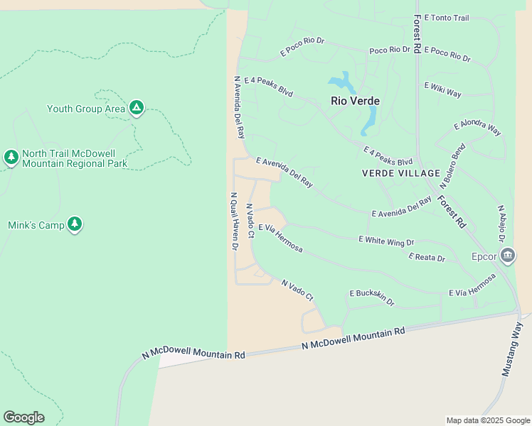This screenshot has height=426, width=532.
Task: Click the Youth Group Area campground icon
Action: click(x=136, y=108)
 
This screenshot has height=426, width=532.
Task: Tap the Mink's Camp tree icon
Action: click(x=75, y=224)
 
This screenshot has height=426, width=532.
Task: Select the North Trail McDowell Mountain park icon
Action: click(x=11, y=158)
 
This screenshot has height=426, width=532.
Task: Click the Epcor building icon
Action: click(x=507, y=256)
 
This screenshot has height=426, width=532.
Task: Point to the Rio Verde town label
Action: click(x=355, y=101)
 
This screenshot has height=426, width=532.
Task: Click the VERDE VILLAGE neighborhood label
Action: click(x=400, y=173)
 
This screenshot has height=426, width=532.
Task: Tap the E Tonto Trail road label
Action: click(x=447, y=18)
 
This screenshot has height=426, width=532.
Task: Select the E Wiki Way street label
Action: click(x=442, y=89)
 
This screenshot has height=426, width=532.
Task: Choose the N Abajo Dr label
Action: click(x=501, y=224)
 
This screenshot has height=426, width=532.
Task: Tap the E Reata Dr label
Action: click(x=427, y=257)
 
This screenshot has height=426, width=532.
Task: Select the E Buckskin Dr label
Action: click(x=372, y=297)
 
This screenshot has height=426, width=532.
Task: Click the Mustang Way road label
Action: click(x=512, y=348)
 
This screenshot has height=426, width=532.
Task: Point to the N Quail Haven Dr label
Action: click(x=233, y=221)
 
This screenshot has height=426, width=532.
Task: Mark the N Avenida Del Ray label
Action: click(x=239, y=106)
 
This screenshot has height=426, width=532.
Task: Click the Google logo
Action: click(x=23, y=417)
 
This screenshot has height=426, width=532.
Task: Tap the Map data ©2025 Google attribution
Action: click(x=487, y=420)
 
